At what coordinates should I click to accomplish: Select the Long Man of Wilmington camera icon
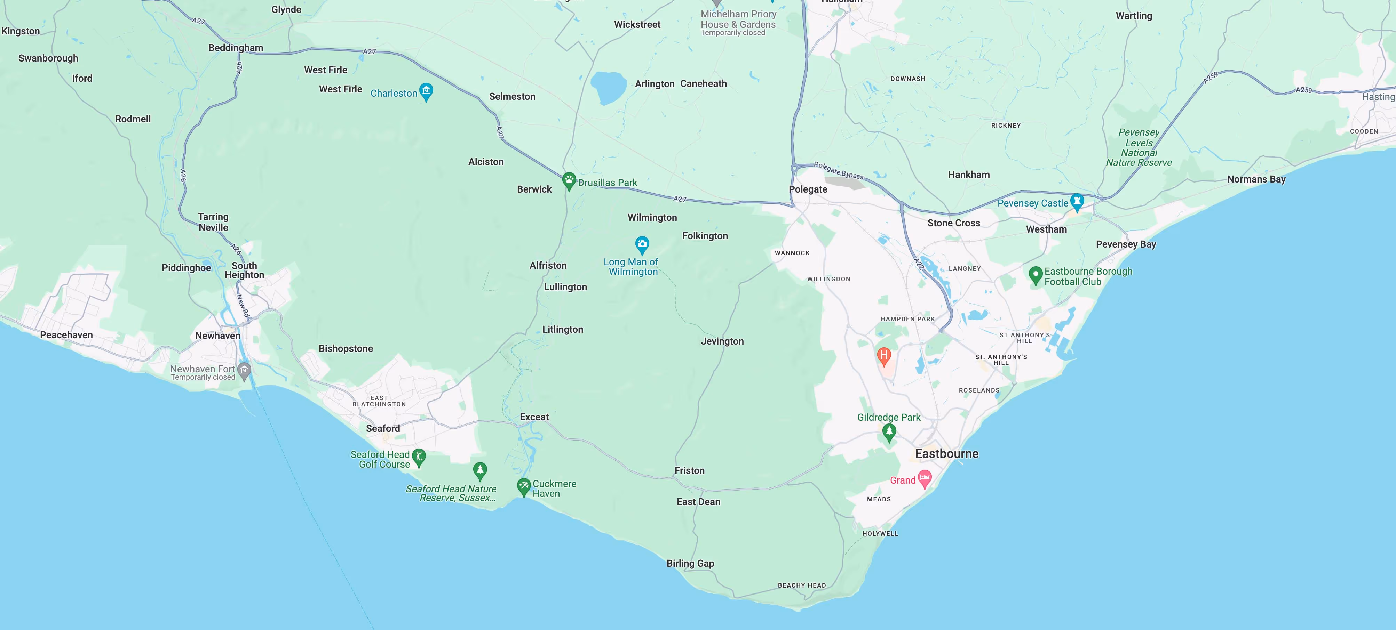pos(642,244)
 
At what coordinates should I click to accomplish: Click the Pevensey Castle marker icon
pos(1077,202)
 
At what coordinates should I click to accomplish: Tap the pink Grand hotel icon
pos(925,478)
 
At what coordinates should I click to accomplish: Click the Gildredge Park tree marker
pos(889,432)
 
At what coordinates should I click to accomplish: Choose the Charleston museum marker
pos(426,91)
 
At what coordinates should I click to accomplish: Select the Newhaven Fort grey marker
pos(244,371)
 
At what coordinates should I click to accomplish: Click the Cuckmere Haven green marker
pos(523,486)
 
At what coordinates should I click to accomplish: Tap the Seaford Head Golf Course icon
pos(418,457)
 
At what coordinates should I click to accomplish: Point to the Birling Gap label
pos(690,563)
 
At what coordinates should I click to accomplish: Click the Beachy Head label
pos(801,585)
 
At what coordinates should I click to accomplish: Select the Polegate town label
pos(808,189)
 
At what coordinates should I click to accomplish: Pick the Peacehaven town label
pos(66,335)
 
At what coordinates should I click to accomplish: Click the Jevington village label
pos(722,341)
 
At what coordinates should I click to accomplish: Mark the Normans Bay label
pos(1256,179)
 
